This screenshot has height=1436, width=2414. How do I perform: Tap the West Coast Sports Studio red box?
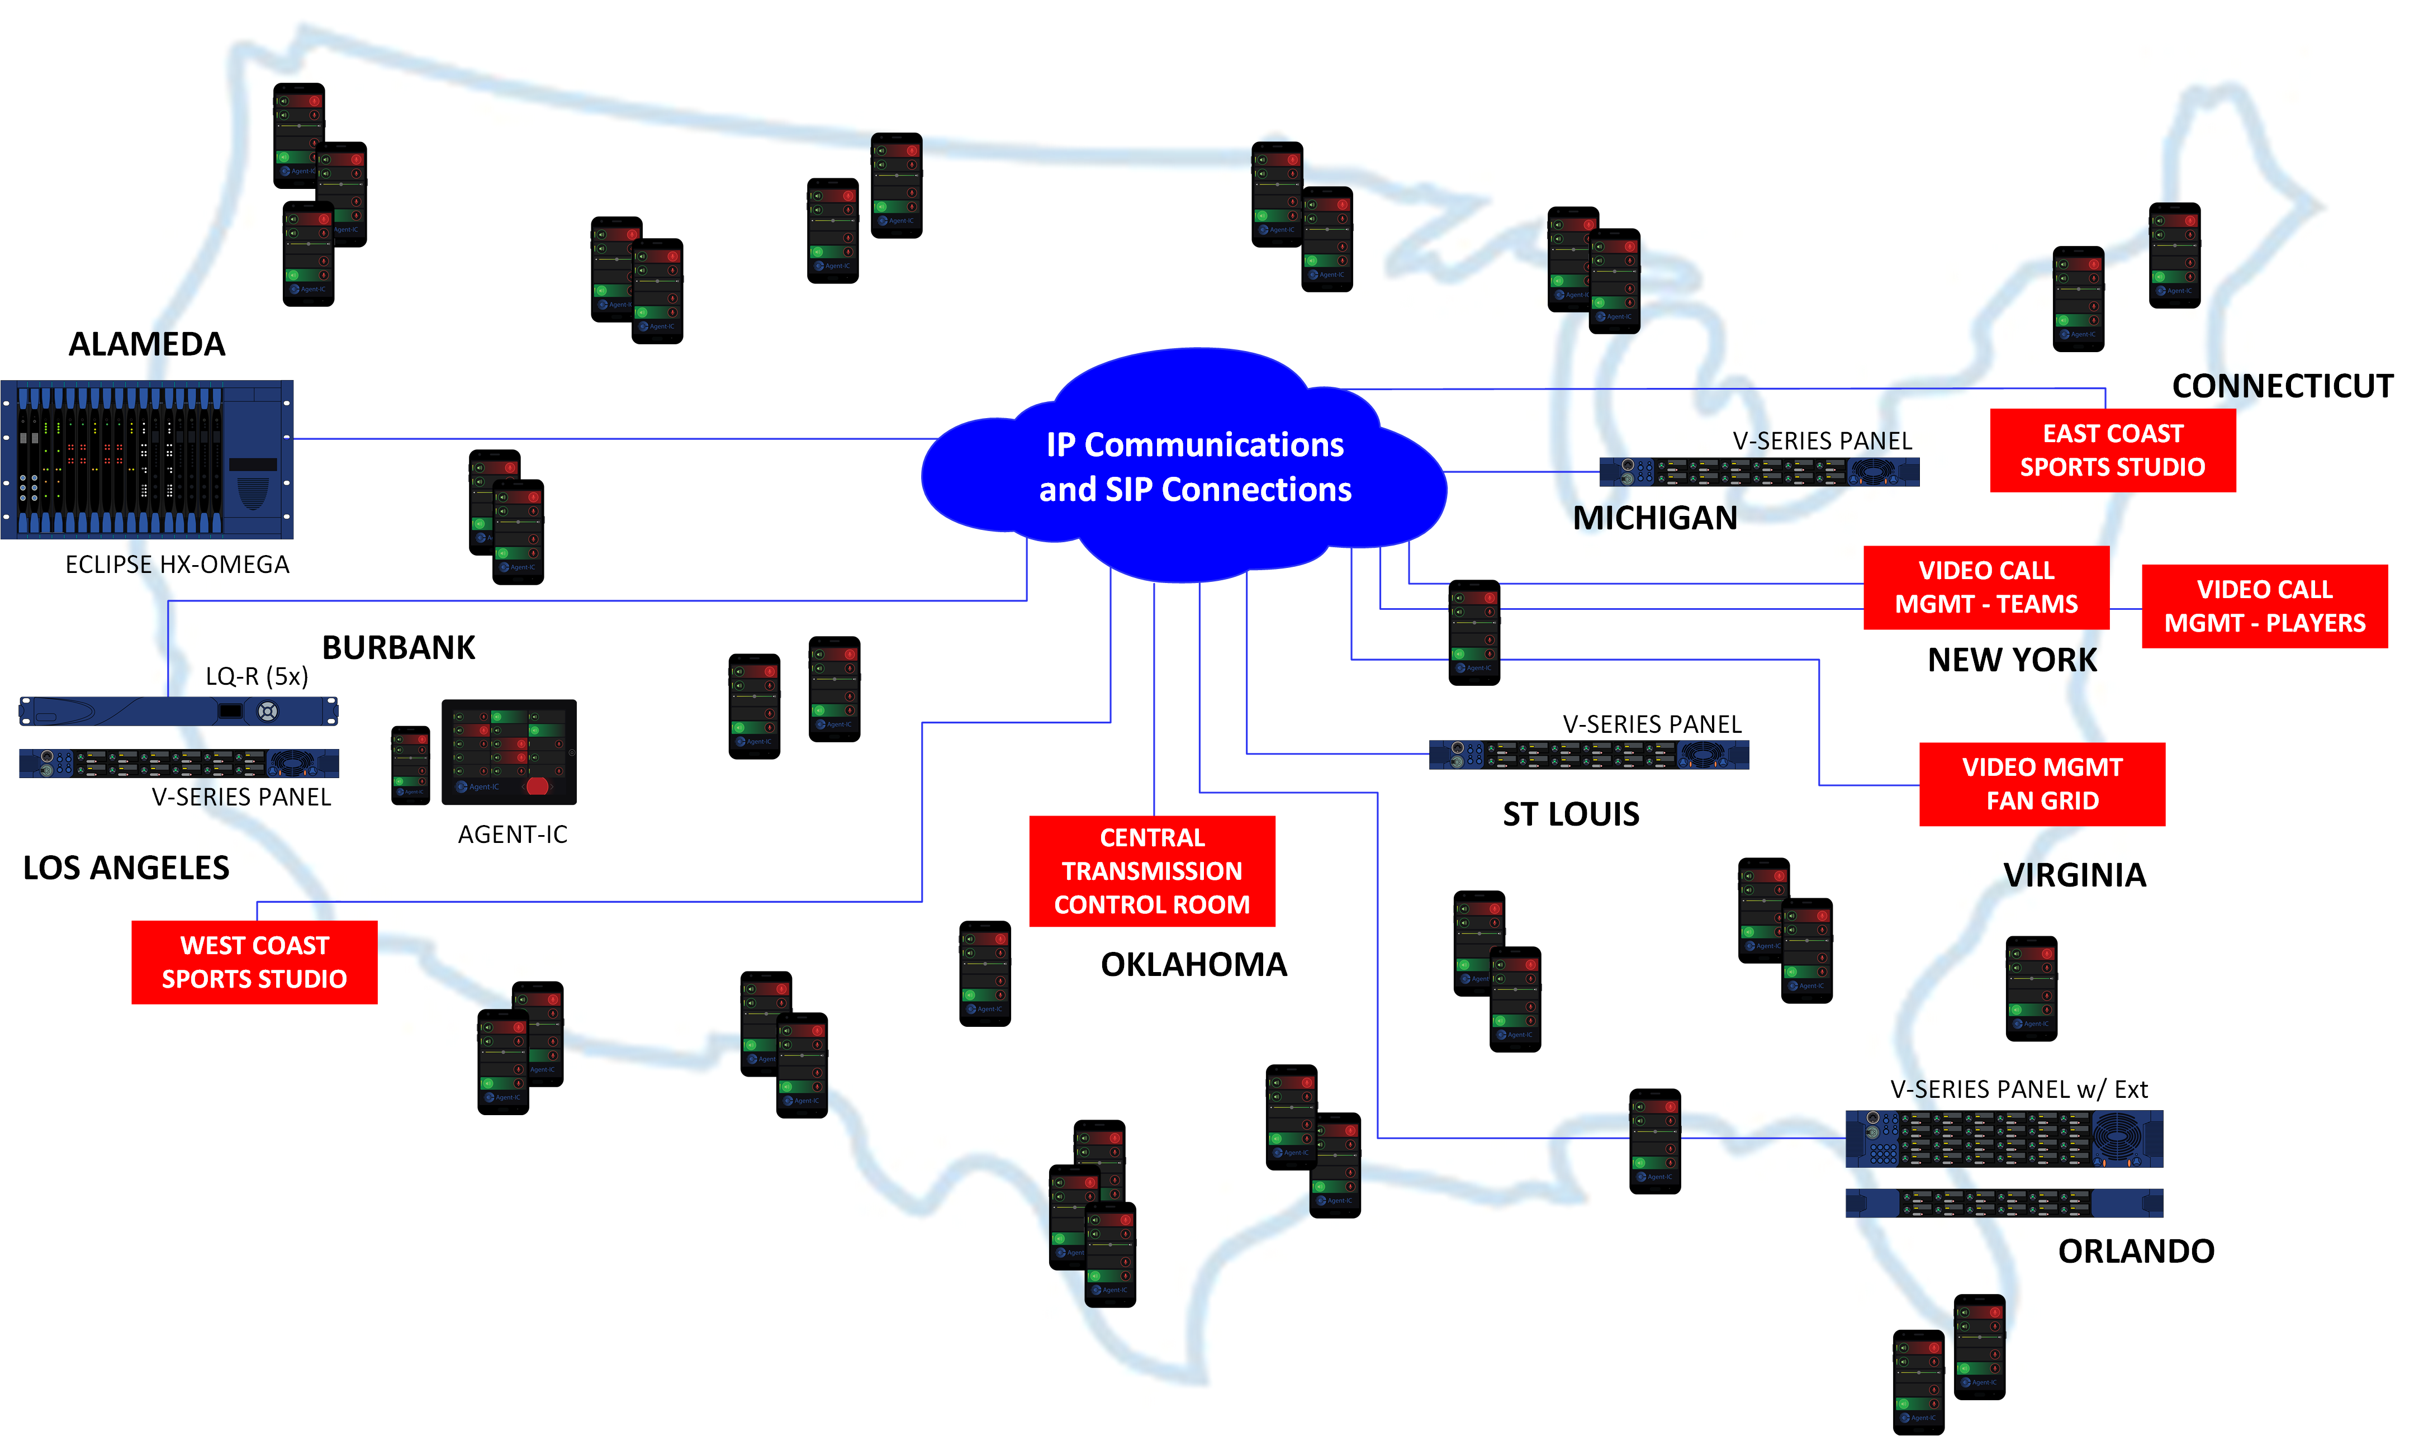click(254, 962)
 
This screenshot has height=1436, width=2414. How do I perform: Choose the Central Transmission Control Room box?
click(1151, 871)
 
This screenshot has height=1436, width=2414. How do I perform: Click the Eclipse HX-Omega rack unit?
click(147, 459)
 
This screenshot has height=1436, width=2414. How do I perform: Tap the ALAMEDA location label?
click(147, 344)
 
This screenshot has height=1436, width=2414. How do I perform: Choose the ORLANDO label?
click(2135, 1251)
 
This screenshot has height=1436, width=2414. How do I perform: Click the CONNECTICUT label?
click(2282, 386)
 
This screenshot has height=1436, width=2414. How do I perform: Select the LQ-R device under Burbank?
click(179, 711)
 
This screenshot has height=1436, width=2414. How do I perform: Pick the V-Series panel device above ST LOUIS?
click(1588, 755)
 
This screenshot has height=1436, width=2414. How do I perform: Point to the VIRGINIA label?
click(2074, 875)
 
